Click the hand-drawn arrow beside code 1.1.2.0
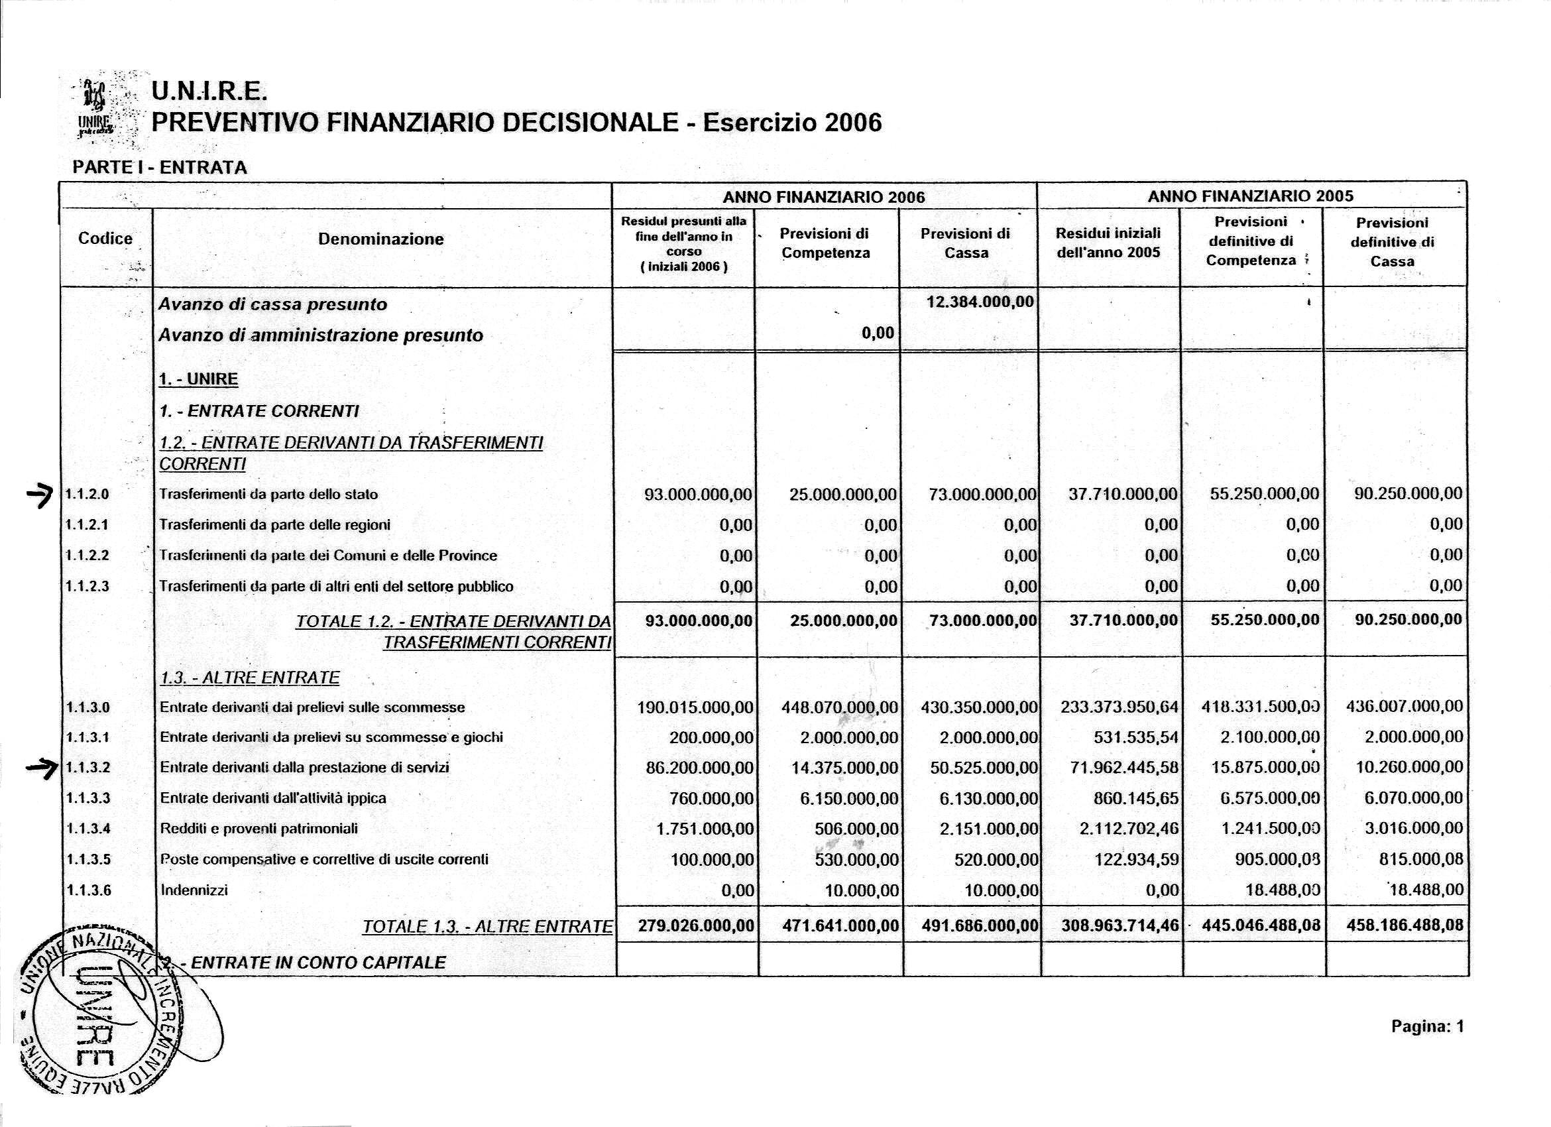pyautogui.click(x=42, y=492)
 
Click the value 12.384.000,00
pyautogui.click(x=979, y=302)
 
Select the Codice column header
pyautogui.click(x=105, y=239)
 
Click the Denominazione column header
pyautogui.click(x=381, y=239)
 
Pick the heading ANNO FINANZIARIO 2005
pyautogui.click(x=1250, y=196)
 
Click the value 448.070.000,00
pyautogui.click(x=839, y=707)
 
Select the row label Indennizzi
pyautogui.click(x=194, y=890)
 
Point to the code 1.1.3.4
pyautogui.click(x=87, y=829)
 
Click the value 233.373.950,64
pyautogui.click(x=1120, y=707)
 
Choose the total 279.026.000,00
pyautogui.click(x=695, y=926)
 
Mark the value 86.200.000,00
pyautogui.click(x=699, y=768)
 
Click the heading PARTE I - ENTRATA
pyautogui.click(x=160, y=168)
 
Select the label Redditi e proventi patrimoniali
pyautogui.click(x=258, y=829)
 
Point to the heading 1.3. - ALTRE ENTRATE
pyautogui.click(x=249, y=678)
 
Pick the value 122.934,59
pyautogui.click(x=1137, y=860)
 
